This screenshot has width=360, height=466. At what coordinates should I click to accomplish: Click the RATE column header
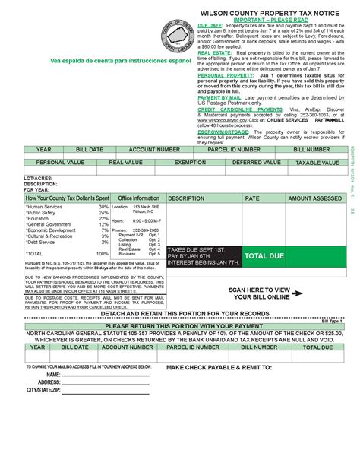tap(251, 198)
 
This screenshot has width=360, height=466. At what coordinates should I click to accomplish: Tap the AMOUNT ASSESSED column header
tap(314, 198)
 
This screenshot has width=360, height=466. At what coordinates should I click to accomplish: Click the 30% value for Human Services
tap(103, 207)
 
